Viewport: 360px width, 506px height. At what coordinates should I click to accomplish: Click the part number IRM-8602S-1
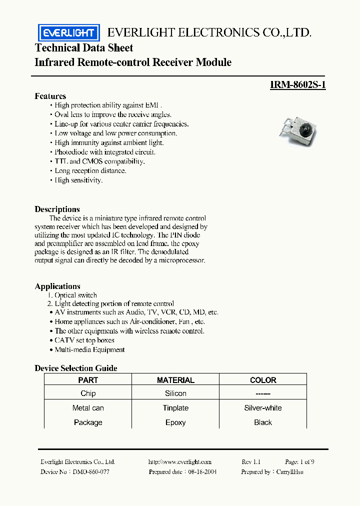click(x=297, y=85)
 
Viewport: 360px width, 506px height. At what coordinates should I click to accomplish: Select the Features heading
click(x=50, y=96)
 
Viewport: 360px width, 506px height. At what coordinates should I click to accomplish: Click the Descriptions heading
click(x=57, y=209)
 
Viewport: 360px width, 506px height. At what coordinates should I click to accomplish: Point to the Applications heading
click(x=57, y=286)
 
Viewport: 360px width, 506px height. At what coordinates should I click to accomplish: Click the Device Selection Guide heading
click(x=76, y=368)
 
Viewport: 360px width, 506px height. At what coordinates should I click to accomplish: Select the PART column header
click(x=88, y=380)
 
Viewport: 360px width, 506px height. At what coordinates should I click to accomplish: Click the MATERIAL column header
click(x=175, y=380)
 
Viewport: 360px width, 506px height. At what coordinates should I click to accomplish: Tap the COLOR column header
click(x=263, y=380)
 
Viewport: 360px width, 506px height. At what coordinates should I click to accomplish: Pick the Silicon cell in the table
click(x=175, y=393)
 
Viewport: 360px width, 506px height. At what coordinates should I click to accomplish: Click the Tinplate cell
click(x=175, y=408)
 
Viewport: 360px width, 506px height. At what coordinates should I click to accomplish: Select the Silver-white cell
click(x=263, y=408)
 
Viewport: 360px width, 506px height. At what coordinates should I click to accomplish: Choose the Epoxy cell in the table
click(x=175, y=422)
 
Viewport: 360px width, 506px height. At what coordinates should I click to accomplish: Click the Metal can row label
click(x=88, y=408)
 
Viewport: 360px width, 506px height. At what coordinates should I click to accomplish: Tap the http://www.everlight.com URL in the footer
click(x=180, y=462)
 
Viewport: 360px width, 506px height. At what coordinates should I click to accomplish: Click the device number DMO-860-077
click(x=91, y=471)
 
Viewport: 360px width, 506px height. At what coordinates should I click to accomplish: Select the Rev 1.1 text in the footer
click(x=251, y=462)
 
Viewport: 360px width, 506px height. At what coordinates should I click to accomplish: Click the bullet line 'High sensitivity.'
click(x=78, y=180)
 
